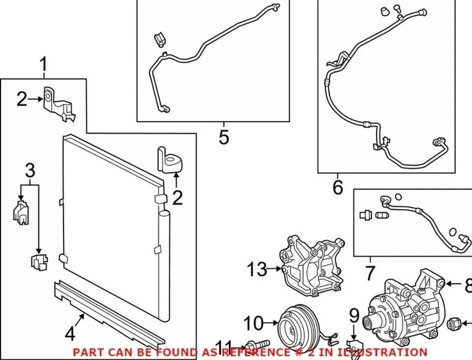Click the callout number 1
pyautogui.click(x=44, y=64)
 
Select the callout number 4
pyautogui.click(x=70, y=334)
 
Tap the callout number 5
pyautogui.click(x=224, y=137)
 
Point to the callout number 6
pyautogui.click(x=337, y=187)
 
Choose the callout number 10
pyautogui.click(x=254, y=323)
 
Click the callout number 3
pyautogui.click(x=30, y=171)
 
